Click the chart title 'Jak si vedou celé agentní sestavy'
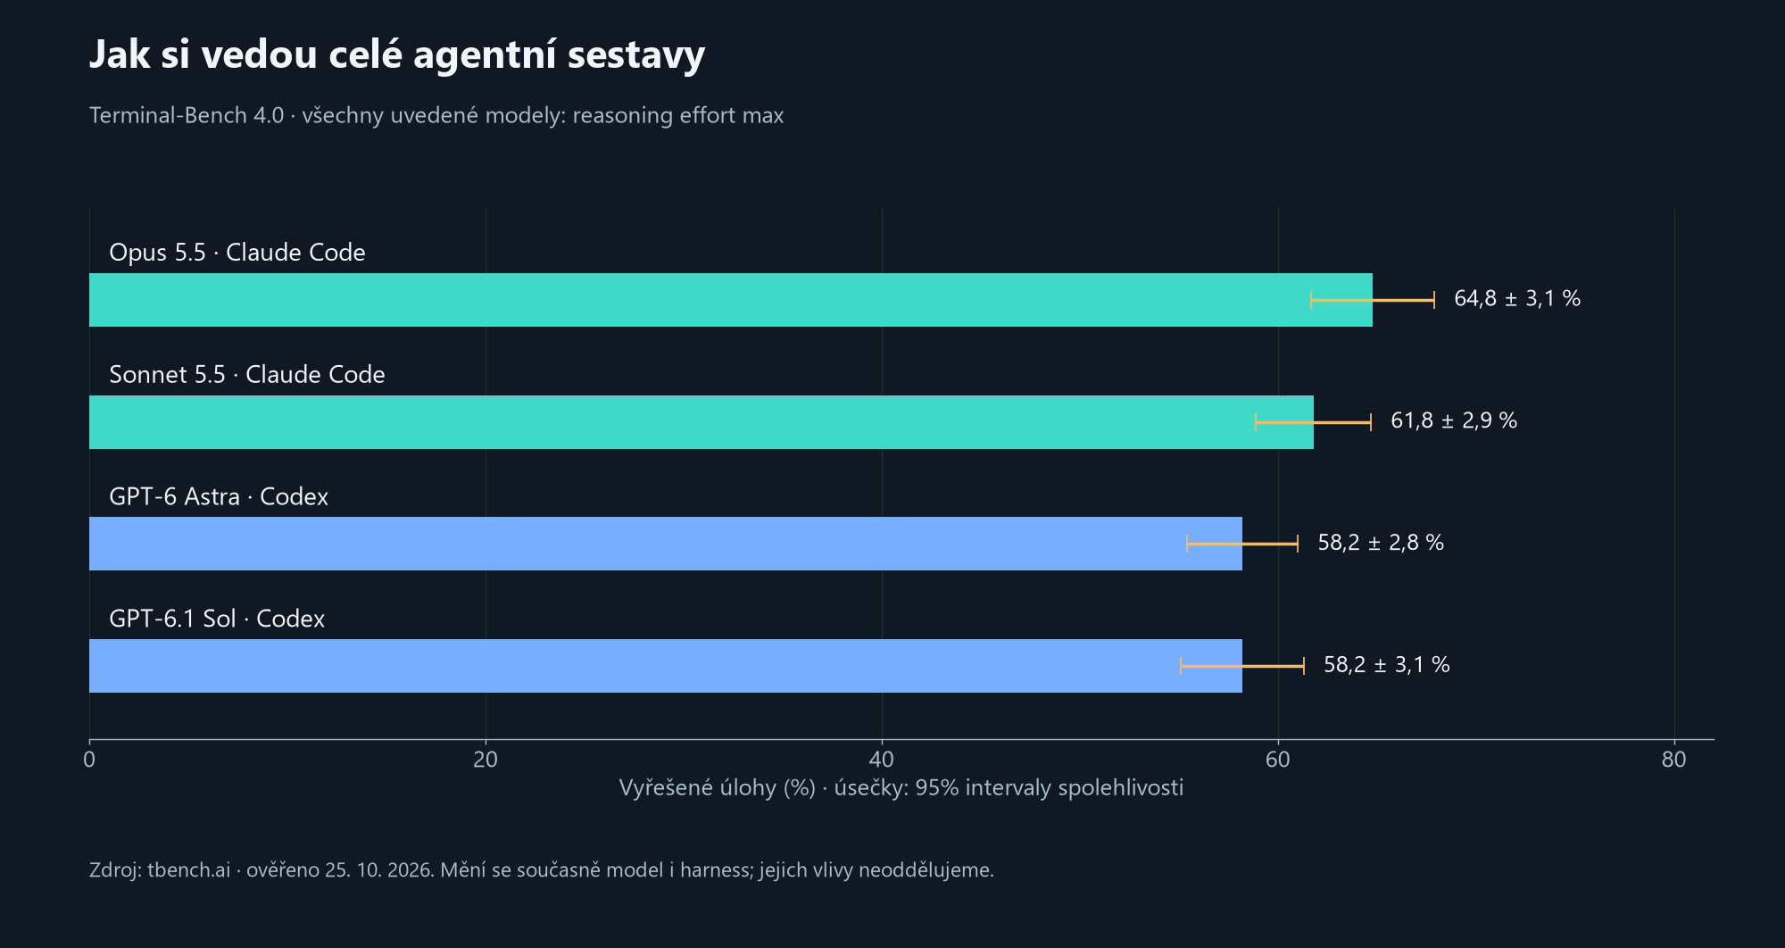tap(397, 54)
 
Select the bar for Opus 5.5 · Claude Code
tap(731, 300)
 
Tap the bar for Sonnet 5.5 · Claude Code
tap(702, 422)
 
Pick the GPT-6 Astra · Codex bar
tap(666, 544)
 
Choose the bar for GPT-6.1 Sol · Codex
tap(666, 666)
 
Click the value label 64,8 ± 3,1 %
tap(1517, 298)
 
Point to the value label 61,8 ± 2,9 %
tap(1454, 420)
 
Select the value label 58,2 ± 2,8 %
tap(1381, 543)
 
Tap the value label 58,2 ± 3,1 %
tap(1387, 665)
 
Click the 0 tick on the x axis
tap(89, 760)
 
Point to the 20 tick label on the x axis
tap(486, 760)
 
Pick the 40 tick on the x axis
tap(882, 760)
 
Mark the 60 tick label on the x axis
tap(1278, 760)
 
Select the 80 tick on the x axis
tap(1674, 760)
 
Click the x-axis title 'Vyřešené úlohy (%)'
tap(718, 788)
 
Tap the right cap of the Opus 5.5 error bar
tap(1434, 300)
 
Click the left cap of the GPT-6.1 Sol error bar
tap(1181, 666)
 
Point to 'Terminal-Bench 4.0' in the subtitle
tap(187, 115)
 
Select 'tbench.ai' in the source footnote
tap(189, 869)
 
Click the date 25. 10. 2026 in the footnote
tap(379, 869)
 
